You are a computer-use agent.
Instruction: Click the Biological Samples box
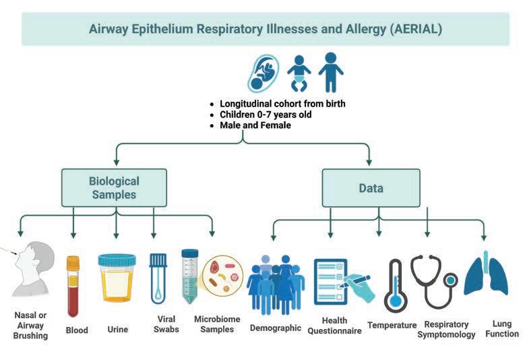point(114,188)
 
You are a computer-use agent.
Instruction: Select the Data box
point(371,188)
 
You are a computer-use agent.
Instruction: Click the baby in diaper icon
point(299,73)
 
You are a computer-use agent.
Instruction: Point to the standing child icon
point(330,71)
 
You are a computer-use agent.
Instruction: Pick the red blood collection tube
point(73,286)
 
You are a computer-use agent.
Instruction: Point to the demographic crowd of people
point(275,283)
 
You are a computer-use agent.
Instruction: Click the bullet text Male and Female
point(255,125)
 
